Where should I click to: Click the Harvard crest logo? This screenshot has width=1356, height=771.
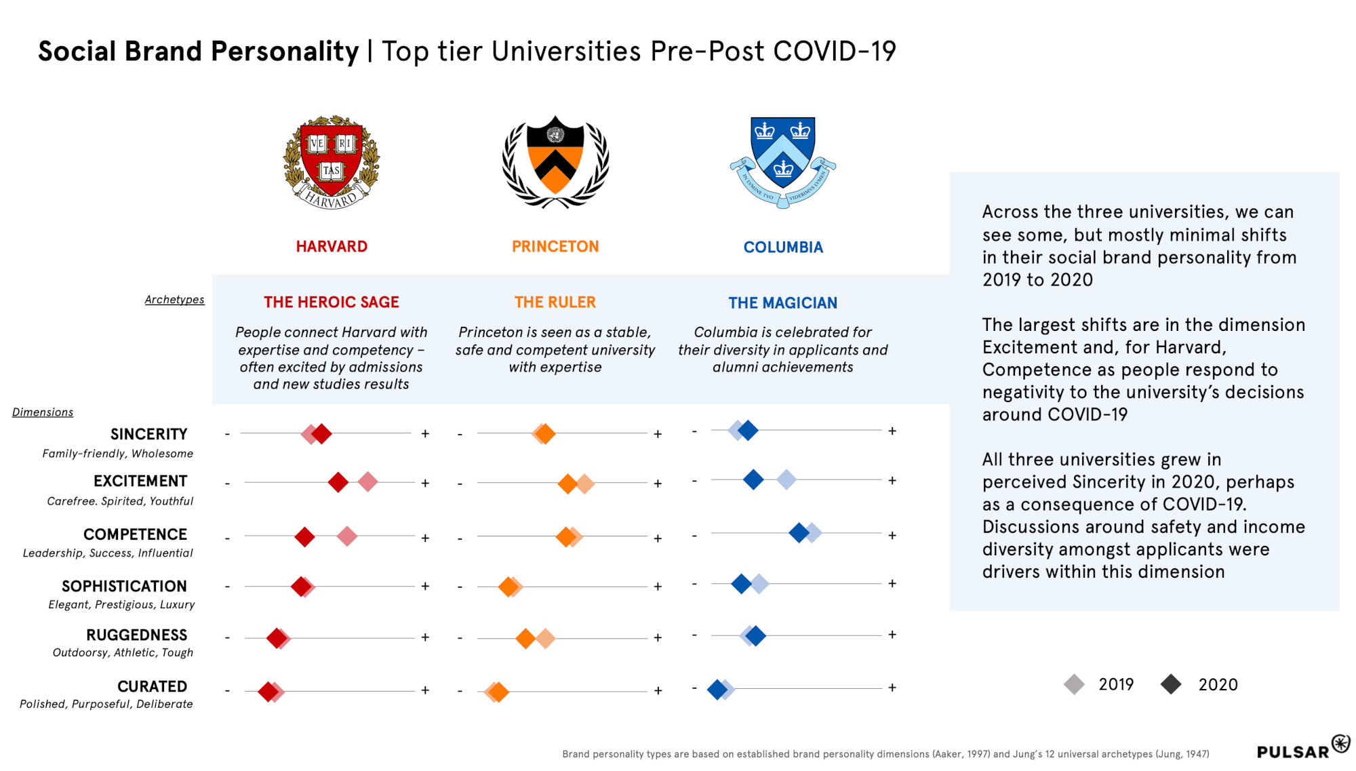click(x=332, y=163)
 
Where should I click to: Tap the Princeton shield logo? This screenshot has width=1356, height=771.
click(x=555, y=161)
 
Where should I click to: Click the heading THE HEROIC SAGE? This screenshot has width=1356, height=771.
click(x=332, y=302)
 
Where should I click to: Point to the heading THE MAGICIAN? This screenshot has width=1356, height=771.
click(x=783, y=303)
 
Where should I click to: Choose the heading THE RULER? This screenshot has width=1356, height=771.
click(x=555, y=302)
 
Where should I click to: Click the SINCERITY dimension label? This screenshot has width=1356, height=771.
click(x=149, y=434)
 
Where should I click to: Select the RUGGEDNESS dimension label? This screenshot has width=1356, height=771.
click(x=137, y=635)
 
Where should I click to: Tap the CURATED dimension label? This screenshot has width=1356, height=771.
click(x=153, y=687)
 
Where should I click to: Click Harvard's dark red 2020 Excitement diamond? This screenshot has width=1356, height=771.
click(x=338, y=483)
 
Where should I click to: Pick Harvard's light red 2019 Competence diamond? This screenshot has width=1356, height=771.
click(x=347, y=536)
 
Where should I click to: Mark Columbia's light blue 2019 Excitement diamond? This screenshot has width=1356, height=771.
click(x=786, y=480)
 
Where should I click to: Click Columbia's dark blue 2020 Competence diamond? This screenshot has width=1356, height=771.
click(x=799, y=533)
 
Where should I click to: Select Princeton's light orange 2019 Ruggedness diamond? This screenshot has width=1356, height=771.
click(x=546, y=638)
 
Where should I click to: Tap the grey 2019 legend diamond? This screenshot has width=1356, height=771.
click(x=1075, y=684)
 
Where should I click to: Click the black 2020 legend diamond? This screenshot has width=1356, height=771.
click(x=1171, y=684)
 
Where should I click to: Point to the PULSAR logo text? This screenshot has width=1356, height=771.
click(x=1293, y=752)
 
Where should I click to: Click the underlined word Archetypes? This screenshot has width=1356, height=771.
click(x=174, y=300)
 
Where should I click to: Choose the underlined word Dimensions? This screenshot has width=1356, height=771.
click(x=43, y=412)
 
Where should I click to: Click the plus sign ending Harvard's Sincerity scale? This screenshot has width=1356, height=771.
click(x=425, y=433)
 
